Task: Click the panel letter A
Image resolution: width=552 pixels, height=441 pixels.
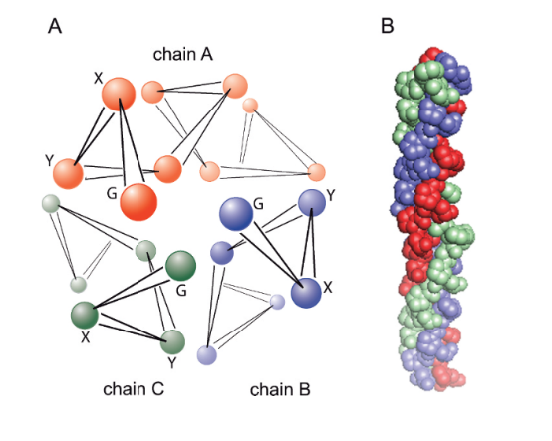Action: point(55,26)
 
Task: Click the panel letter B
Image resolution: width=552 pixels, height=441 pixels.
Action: point(387,26)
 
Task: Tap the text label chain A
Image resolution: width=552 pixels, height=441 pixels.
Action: point(183,54)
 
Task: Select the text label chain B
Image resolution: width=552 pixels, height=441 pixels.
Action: point(280,389)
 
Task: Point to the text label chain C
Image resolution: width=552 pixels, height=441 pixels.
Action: point(134,389)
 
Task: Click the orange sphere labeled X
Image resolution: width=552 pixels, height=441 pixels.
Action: point(119,94)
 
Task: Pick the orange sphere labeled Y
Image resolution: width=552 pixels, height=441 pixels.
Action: point(68,174)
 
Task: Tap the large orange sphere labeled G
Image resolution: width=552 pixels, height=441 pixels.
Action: point(138,202)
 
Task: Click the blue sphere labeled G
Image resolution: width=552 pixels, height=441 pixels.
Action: point(236,214)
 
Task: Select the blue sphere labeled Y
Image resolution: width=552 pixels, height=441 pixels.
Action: point(312,202)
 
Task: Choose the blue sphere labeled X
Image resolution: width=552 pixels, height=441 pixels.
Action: point(306,293)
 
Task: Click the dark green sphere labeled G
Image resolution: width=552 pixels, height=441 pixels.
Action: point(180,266)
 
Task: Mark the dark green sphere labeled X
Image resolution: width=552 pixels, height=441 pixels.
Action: point(85,315)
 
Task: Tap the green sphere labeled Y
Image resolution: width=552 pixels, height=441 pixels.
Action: point(172,341)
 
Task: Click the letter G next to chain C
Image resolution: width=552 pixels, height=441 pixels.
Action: point(181,291)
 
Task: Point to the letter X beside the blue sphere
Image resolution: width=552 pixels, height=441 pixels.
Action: point(328,288)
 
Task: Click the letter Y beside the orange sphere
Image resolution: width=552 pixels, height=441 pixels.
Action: point(49,160)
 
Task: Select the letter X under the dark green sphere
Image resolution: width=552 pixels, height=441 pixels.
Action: point(86,337)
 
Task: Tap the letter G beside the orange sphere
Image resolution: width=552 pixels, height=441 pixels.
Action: point(112,193)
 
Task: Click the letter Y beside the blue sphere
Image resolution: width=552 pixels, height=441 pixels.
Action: point(331,195)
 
